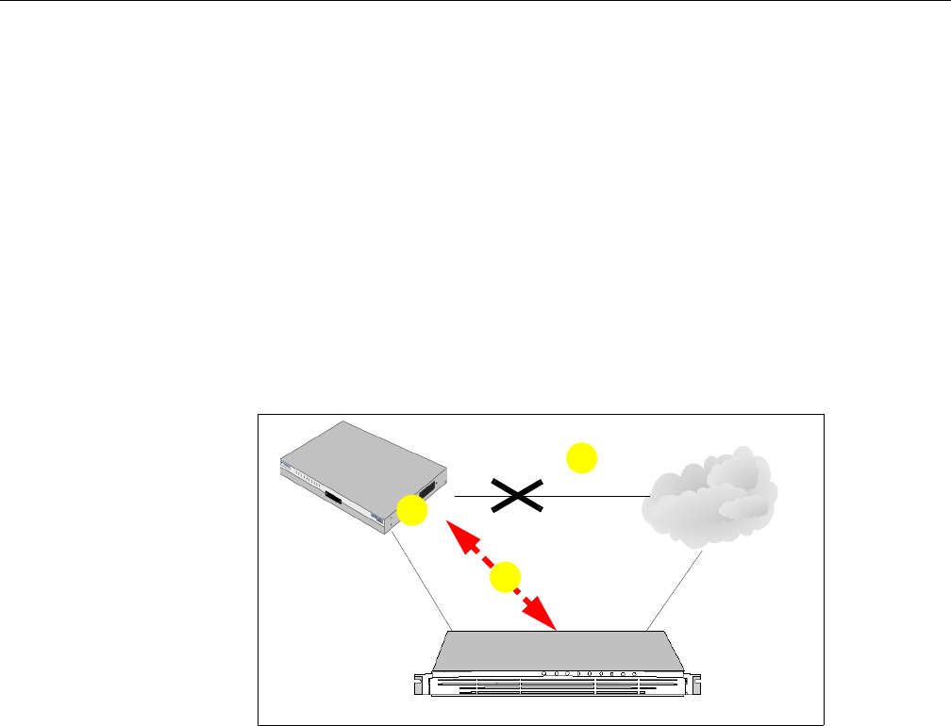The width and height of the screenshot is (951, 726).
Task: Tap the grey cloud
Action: tap(709, 498)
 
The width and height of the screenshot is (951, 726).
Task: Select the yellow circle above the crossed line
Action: tap(580, 459)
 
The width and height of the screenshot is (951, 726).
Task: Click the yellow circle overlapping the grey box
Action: tap(411, 512)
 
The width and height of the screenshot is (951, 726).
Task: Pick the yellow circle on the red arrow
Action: tap(505, 577)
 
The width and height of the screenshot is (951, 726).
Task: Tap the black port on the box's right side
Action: tap(429, 490)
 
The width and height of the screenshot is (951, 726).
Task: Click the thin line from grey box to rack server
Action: tap(424, 581)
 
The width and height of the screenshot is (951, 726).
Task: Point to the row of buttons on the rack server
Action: tap(591, 674)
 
